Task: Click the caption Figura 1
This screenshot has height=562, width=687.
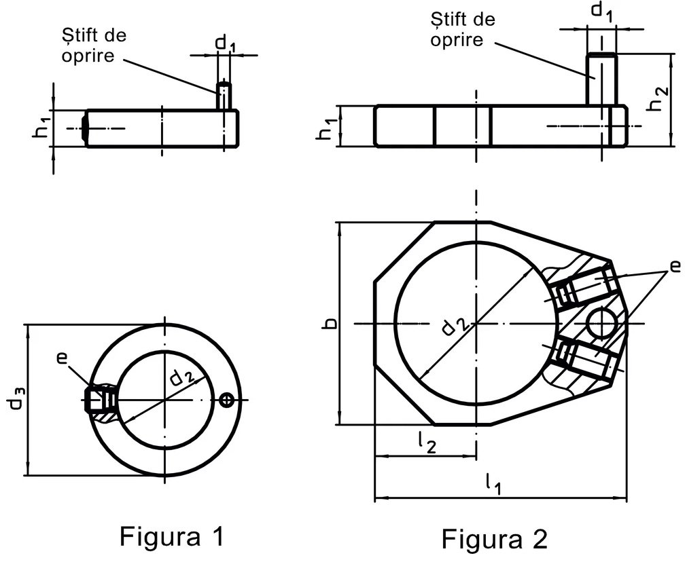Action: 171,536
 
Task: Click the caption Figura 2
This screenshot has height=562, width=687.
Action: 494,540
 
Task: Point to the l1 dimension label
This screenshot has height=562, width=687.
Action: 493,483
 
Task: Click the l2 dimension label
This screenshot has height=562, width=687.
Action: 426,443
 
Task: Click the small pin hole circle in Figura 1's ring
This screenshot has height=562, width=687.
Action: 227,400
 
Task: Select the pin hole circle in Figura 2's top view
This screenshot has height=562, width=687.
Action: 603,322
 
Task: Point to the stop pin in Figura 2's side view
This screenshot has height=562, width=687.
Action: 601,78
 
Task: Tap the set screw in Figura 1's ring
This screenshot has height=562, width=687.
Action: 96,400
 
